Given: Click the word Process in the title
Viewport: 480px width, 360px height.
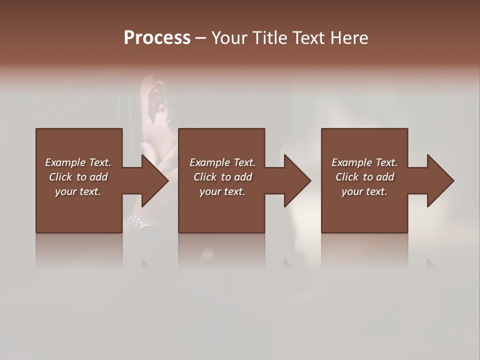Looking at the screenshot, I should point(157,38).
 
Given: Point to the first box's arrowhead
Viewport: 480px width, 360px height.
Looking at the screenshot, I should point(153,180).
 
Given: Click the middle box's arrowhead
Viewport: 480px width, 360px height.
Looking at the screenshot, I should point(296,180).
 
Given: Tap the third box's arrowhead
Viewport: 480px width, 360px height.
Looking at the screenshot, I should point(439,180).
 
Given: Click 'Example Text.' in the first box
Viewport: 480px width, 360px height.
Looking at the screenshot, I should point(78,162).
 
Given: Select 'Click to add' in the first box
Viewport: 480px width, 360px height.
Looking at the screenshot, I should point(78,177).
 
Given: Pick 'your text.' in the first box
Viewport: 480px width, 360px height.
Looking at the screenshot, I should point(78,191).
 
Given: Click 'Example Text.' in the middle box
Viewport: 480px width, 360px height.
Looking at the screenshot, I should point(222,162).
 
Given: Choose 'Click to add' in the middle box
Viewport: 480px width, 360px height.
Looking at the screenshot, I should point(222,177).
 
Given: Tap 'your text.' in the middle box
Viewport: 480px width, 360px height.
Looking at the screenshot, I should point(222,191).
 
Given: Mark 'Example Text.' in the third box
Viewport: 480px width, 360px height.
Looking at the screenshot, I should point(364,162).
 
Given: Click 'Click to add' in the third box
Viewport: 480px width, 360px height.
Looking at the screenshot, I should point(364,177).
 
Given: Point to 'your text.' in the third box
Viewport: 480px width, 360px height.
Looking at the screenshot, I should point(364,191).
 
